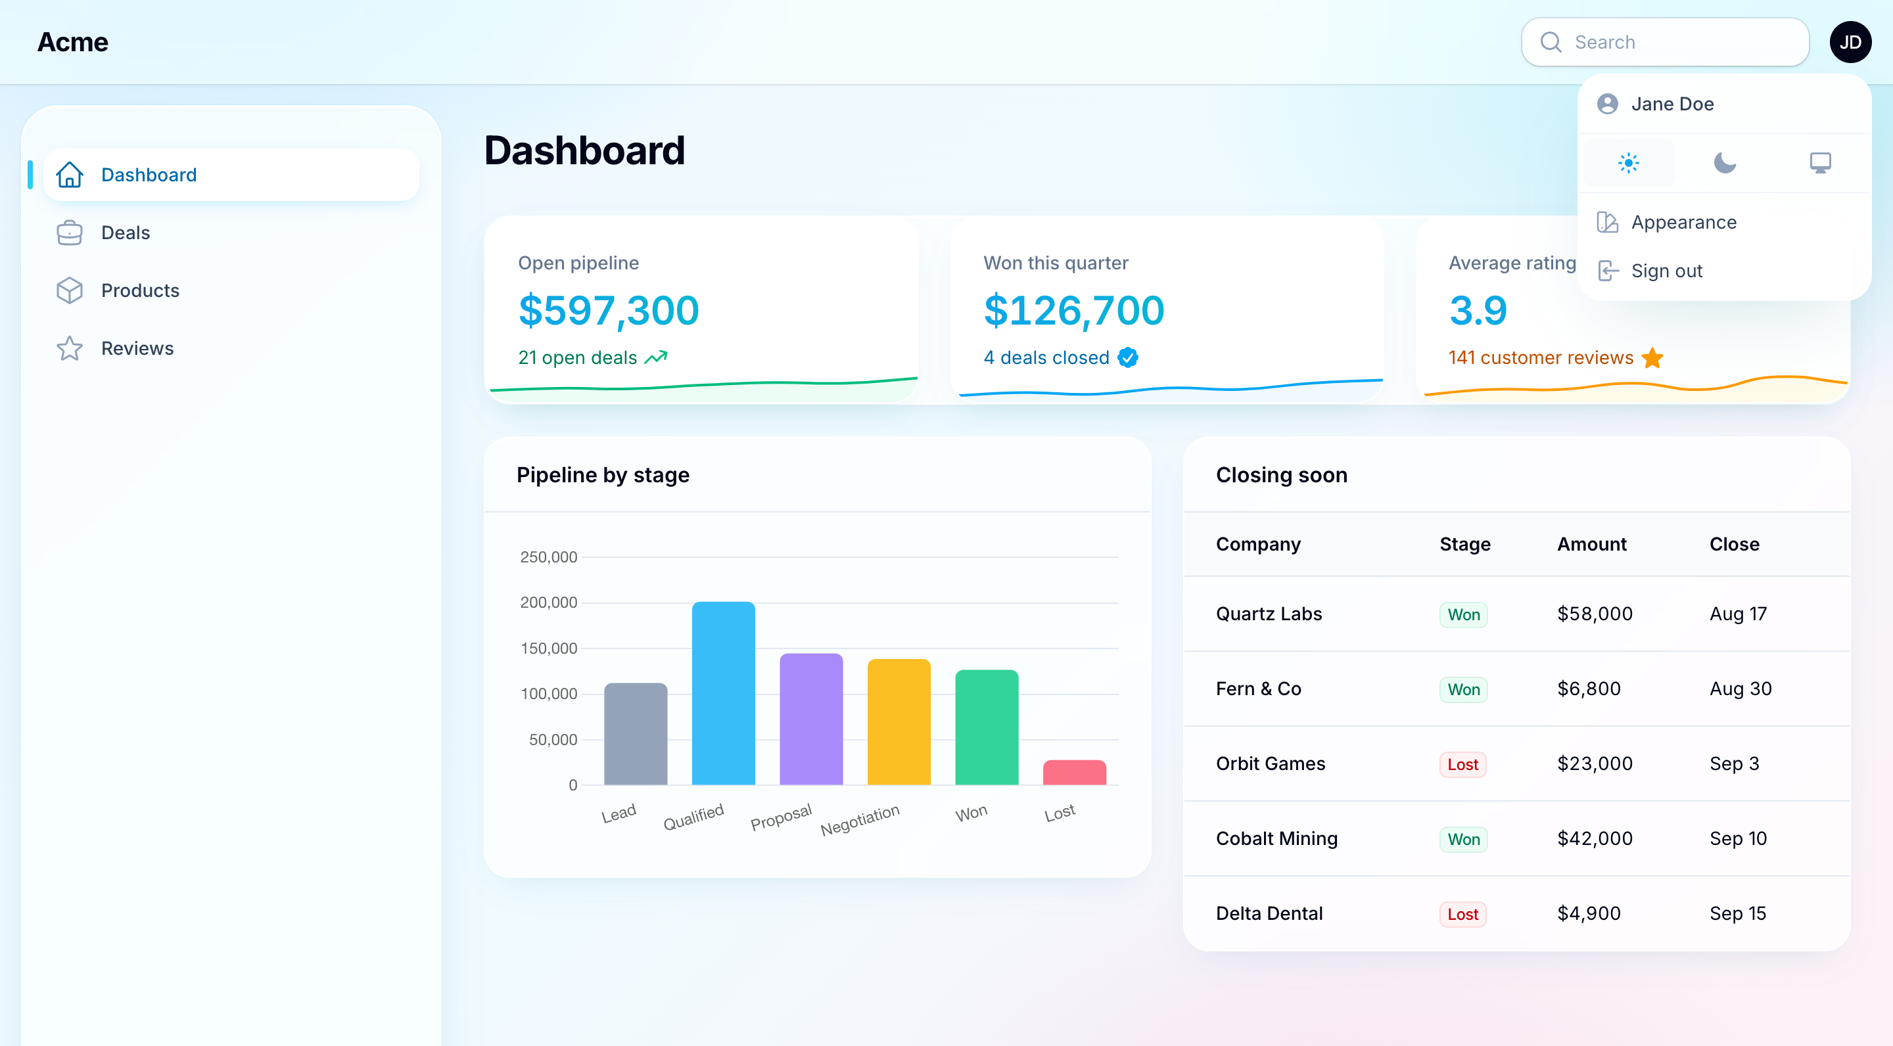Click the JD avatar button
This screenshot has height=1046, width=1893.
pyautogui.click(x=1850, y=42)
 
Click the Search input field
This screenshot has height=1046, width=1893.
pyautogui.click(x=1664, y=42)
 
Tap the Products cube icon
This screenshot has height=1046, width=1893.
pyautogui.click(x=70, y=291)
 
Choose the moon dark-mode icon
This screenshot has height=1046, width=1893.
pyautogui.click(x=1724, y=162)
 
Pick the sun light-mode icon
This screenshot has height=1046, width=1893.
pyautogui.click(x=1629, y=162)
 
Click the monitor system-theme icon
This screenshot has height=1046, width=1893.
pyautogui.click(x=1819, y=162)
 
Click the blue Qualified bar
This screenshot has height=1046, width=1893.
pyautogui.click(x=723, y=693)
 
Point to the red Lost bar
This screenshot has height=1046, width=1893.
pyautogui.click(x=1075, y=772)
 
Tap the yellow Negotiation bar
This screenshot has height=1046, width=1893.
pyautogui.click(x=899, y=721)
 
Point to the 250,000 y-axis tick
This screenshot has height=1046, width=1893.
pyautogui.click(x=548, y=557)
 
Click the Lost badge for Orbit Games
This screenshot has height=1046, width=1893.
pyautogui.click(x=1462, y=764)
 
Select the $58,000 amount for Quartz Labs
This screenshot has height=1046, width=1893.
pyautogui.click(x=1595, y=614)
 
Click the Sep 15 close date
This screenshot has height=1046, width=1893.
pyautogui.click(x=1737, y=913)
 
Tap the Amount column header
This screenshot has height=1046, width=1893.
pyautogui.click(x=1592, y=544)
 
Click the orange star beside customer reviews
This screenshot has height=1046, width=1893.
pyautogui.click(x=1652, y=357)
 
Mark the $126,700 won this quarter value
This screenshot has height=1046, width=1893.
pyautogui.click(x=1073, y=310)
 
